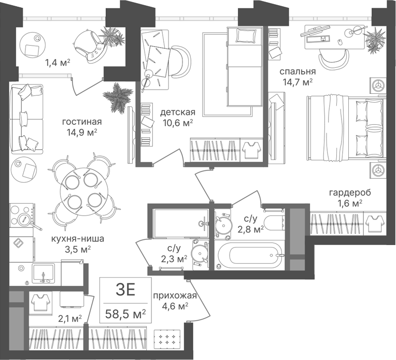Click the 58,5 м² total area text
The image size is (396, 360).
[125, 314]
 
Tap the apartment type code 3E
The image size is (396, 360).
[125, 290]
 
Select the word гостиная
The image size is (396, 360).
[82, 122]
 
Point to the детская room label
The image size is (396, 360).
[178, 112]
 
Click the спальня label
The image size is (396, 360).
[298, 71]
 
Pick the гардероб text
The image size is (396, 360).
[350, 193]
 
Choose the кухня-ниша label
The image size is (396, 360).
[78, 239]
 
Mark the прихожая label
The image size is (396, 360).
[175, 295]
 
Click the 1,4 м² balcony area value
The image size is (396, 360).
[58, 62]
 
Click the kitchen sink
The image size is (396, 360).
[43, 273]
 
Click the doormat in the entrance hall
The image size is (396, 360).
[167, 340]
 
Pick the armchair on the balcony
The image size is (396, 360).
[90, 46]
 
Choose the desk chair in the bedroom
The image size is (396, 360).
[333, 57]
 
